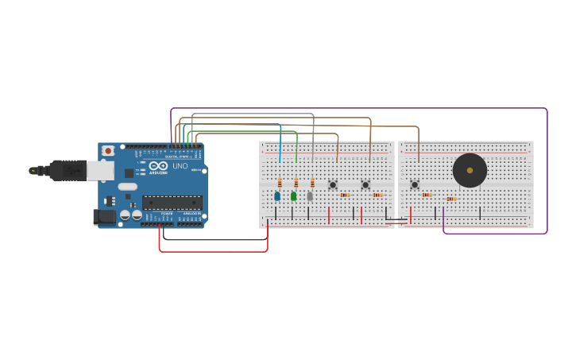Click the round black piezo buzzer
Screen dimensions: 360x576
coord(470,170)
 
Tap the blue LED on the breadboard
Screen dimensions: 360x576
coord(277,196)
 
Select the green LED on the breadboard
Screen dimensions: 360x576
coord(293,196)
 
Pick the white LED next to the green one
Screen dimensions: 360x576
coord(310,196)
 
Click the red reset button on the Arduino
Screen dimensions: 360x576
coord(107,150)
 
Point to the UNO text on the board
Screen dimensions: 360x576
coord(180,166)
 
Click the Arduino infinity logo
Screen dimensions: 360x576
coord(158,165)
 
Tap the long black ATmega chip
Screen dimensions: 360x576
coord(172,203)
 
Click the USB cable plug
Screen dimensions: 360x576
coord(68,170)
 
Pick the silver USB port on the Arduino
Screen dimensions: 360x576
coord(99,170)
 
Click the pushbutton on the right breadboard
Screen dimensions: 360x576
coord(415,185)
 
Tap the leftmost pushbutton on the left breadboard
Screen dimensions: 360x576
coord(333,185)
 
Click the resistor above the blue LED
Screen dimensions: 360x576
coord(280,184)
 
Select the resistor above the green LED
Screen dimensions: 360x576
coord(296,184)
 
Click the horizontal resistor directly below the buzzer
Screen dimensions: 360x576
coord(450,199)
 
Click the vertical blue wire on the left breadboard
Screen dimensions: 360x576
coord(280,147)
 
